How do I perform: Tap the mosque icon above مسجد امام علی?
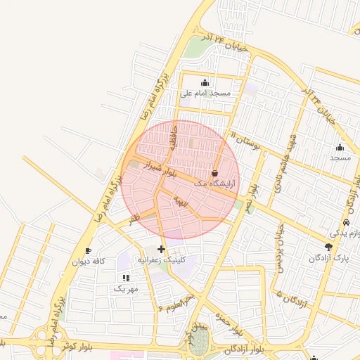(x=205, y=82)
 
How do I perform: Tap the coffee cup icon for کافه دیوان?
(x=89, y=250)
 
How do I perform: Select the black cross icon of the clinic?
(x=162, y=249)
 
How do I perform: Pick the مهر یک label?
(x=127, y=288)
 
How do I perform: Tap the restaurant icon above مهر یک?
(x=126, y=278)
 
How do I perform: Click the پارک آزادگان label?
(x=329, y=258)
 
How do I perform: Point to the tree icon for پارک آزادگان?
(x=328, y=247)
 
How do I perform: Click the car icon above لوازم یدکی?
(x=346, y=221)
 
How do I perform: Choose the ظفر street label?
(x=134, y=219)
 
